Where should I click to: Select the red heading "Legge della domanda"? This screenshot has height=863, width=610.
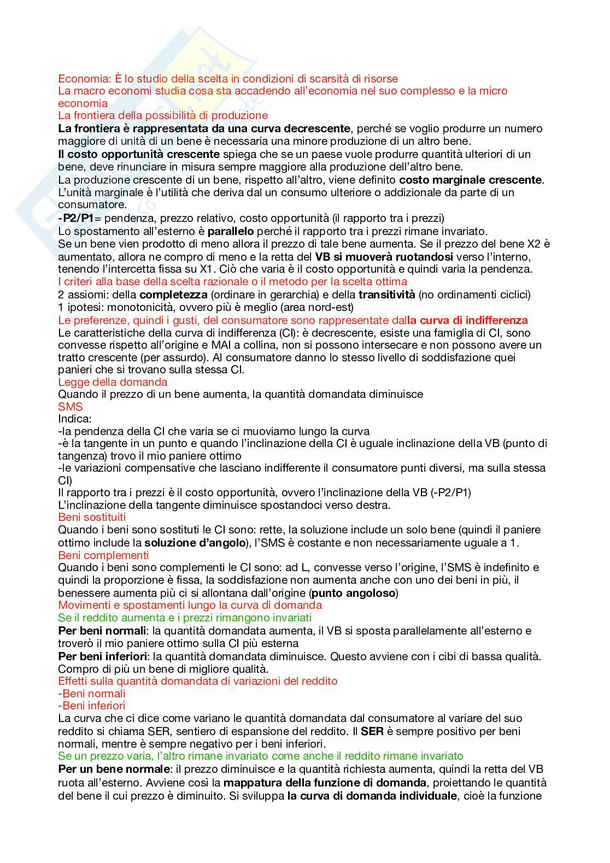pos(113,382)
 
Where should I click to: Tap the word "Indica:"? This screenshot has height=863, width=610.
pos(75,419)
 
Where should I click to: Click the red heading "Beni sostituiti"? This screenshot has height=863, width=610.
pos(92,517)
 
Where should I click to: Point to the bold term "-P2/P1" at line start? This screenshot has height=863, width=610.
pos(76,218)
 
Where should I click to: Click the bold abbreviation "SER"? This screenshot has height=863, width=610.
pos(372,731)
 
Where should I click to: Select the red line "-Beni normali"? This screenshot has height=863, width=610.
pos(92,694)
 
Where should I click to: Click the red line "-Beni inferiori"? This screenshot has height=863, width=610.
pos(92,706)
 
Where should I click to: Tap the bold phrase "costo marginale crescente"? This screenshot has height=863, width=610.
pos(470,180)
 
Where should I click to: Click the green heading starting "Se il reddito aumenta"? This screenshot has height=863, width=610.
pos(185,618)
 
